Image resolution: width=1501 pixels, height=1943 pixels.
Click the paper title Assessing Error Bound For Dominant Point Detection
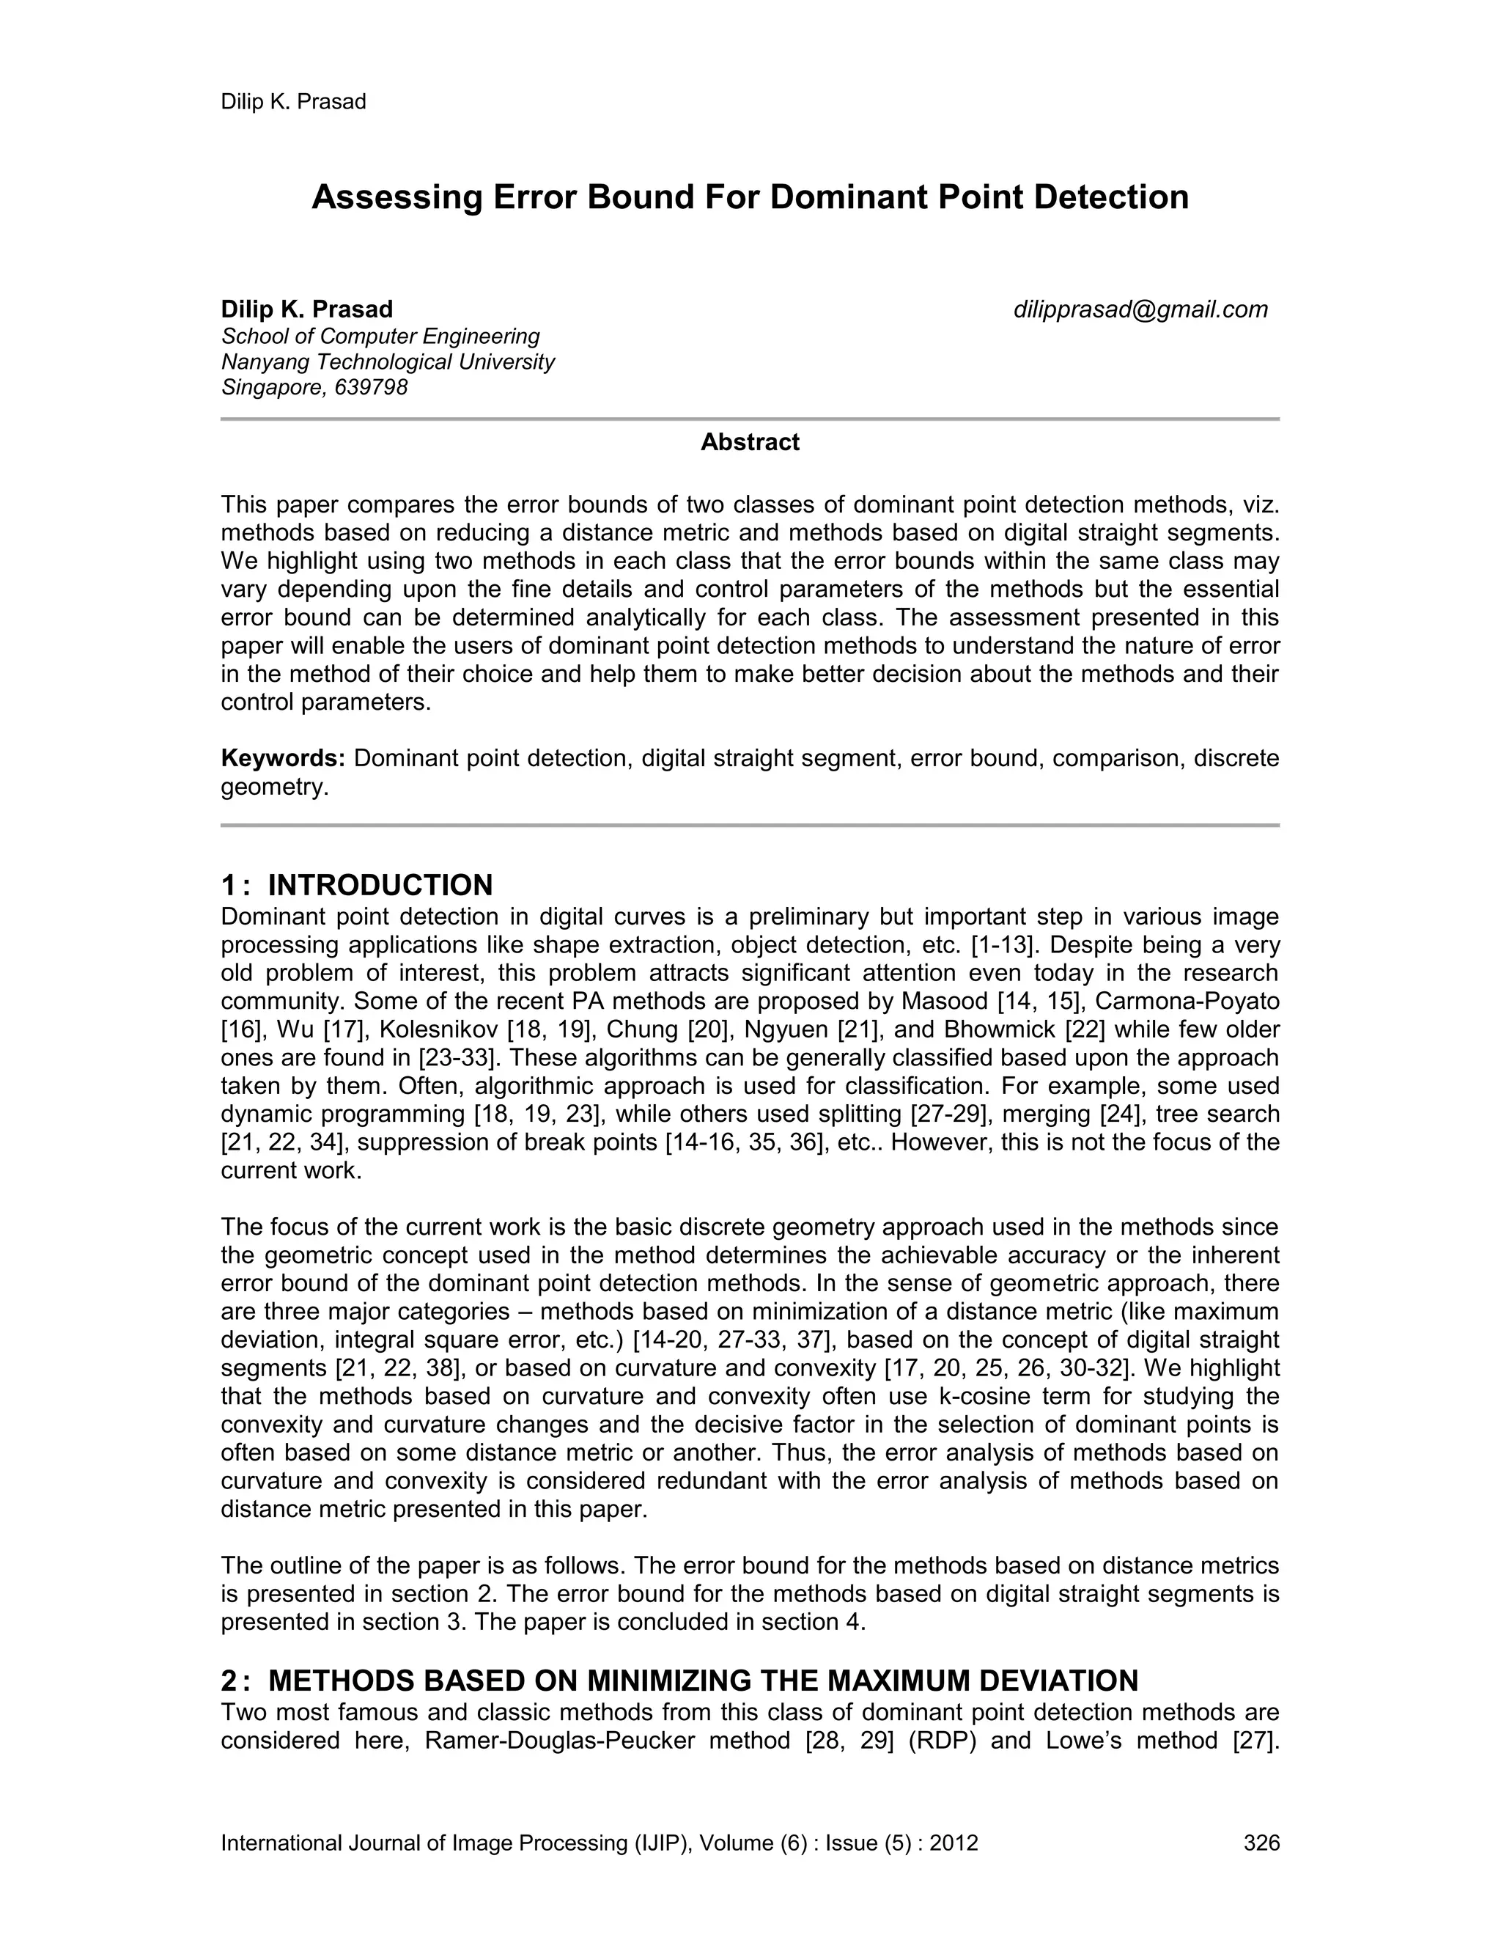[x=750, y=197]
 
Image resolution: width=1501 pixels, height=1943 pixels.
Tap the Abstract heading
[x=750, y=442]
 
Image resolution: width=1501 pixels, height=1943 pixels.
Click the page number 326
[x=1261, y=1843]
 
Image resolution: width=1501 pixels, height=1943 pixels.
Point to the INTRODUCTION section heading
[x=380, y=885]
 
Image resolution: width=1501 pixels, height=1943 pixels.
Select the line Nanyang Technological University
[x=388, y=362]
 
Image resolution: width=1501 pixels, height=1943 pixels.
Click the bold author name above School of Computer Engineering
[x=307, y=309]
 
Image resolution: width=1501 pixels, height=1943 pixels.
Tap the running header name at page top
[x=293, y=101]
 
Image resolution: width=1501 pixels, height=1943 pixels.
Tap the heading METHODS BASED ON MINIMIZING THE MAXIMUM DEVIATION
[x=702, y=1681]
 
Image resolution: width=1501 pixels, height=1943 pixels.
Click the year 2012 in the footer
[x=954, y=1843]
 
